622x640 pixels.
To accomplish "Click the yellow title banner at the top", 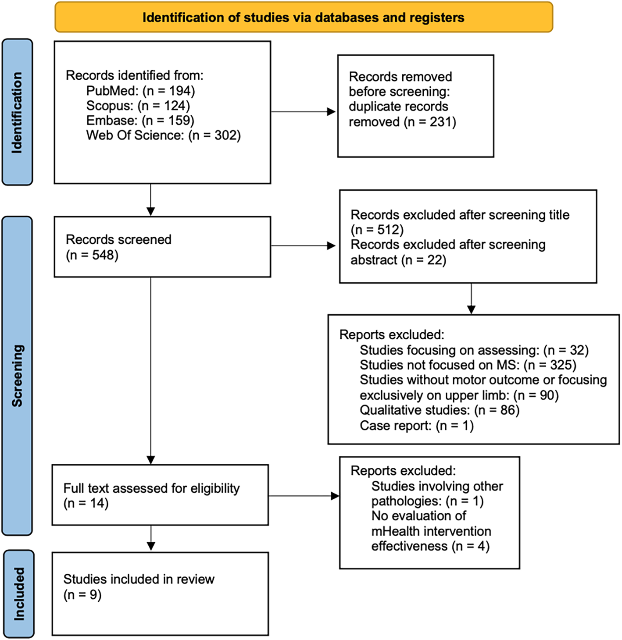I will click(x=304, y=18).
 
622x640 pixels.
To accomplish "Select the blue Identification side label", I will click(x=17, y=112).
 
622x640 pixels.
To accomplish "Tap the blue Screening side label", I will click(x=17, y=376).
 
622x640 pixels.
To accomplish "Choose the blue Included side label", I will click(x=18, y=594).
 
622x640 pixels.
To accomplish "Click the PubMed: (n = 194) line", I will click(x=140, y=91).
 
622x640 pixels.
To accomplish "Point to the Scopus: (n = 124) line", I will click(x=138, y=106).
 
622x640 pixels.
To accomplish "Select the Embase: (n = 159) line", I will click(x=140, y=121).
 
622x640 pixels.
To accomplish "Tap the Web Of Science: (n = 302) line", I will click(x=163, y=135).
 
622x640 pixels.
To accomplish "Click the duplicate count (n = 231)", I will click(x=430, y=122).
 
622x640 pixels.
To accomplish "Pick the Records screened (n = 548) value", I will click(x=92, y=255).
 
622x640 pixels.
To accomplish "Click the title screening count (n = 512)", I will click(x=377, y=230).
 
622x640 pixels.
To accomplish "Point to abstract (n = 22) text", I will click(x=398, y=260).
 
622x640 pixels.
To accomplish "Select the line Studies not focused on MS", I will click(x=468, y=365).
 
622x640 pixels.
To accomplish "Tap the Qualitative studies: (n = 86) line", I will click(x=439, y=410).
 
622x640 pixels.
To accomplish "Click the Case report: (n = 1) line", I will click(x=416, y=426).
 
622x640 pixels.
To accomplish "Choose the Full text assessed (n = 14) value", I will click(x=86, y=503).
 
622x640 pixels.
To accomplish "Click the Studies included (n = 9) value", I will click(x=82, y=595).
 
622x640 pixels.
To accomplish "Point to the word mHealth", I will click(x=395, y=531).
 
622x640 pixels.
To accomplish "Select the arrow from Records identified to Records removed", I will click(x=304, y=112).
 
